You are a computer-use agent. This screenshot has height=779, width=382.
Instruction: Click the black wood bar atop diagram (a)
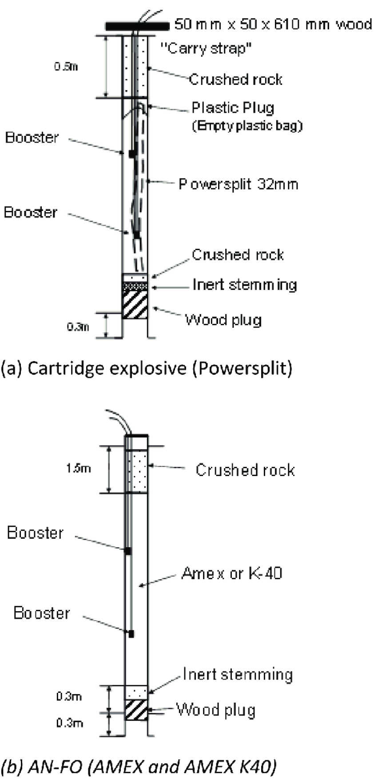[137, 26]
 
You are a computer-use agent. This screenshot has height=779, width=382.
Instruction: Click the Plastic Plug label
[232, 108]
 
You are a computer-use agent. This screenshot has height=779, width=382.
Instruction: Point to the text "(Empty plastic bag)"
[247, 126]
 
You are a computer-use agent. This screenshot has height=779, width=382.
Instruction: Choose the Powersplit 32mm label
[238, 184]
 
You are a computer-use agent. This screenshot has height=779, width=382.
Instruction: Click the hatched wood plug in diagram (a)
[135, 304]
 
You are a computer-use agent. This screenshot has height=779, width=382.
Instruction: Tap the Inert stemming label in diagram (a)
[244, 284]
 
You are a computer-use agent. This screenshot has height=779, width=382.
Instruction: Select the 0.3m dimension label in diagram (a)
[78, 327]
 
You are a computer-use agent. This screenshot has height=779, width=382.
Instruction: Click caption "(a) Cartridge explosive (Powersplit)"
[147, 369]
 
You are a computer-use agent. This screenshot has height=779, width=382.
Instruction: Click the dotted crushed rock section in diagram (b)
[137, 471]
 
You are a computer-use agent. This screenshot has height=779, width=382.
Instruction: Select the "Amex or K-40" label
[232, 573]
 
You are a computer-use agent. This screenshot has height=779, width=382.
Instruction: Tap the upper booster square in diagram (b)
[128, 551]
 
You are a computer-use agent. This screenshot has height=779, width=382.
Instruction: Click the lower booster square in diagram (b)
[131, 634]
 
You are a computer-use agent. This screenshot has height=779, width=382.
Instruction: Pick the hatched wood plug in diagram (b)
[136, 709]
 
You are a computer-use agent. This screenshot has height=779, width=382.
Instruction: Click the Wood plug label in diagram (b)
[216, 709]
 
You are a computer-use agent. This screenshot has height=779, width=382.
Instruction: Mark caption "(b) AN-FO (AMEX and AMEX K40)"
[138, 766]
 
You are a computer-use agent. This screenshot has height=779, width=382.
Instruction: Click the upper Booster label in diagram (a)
[32, 137]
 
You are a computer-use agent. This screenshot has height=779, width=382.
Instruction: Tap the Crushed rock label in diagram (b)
[245, 470]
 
